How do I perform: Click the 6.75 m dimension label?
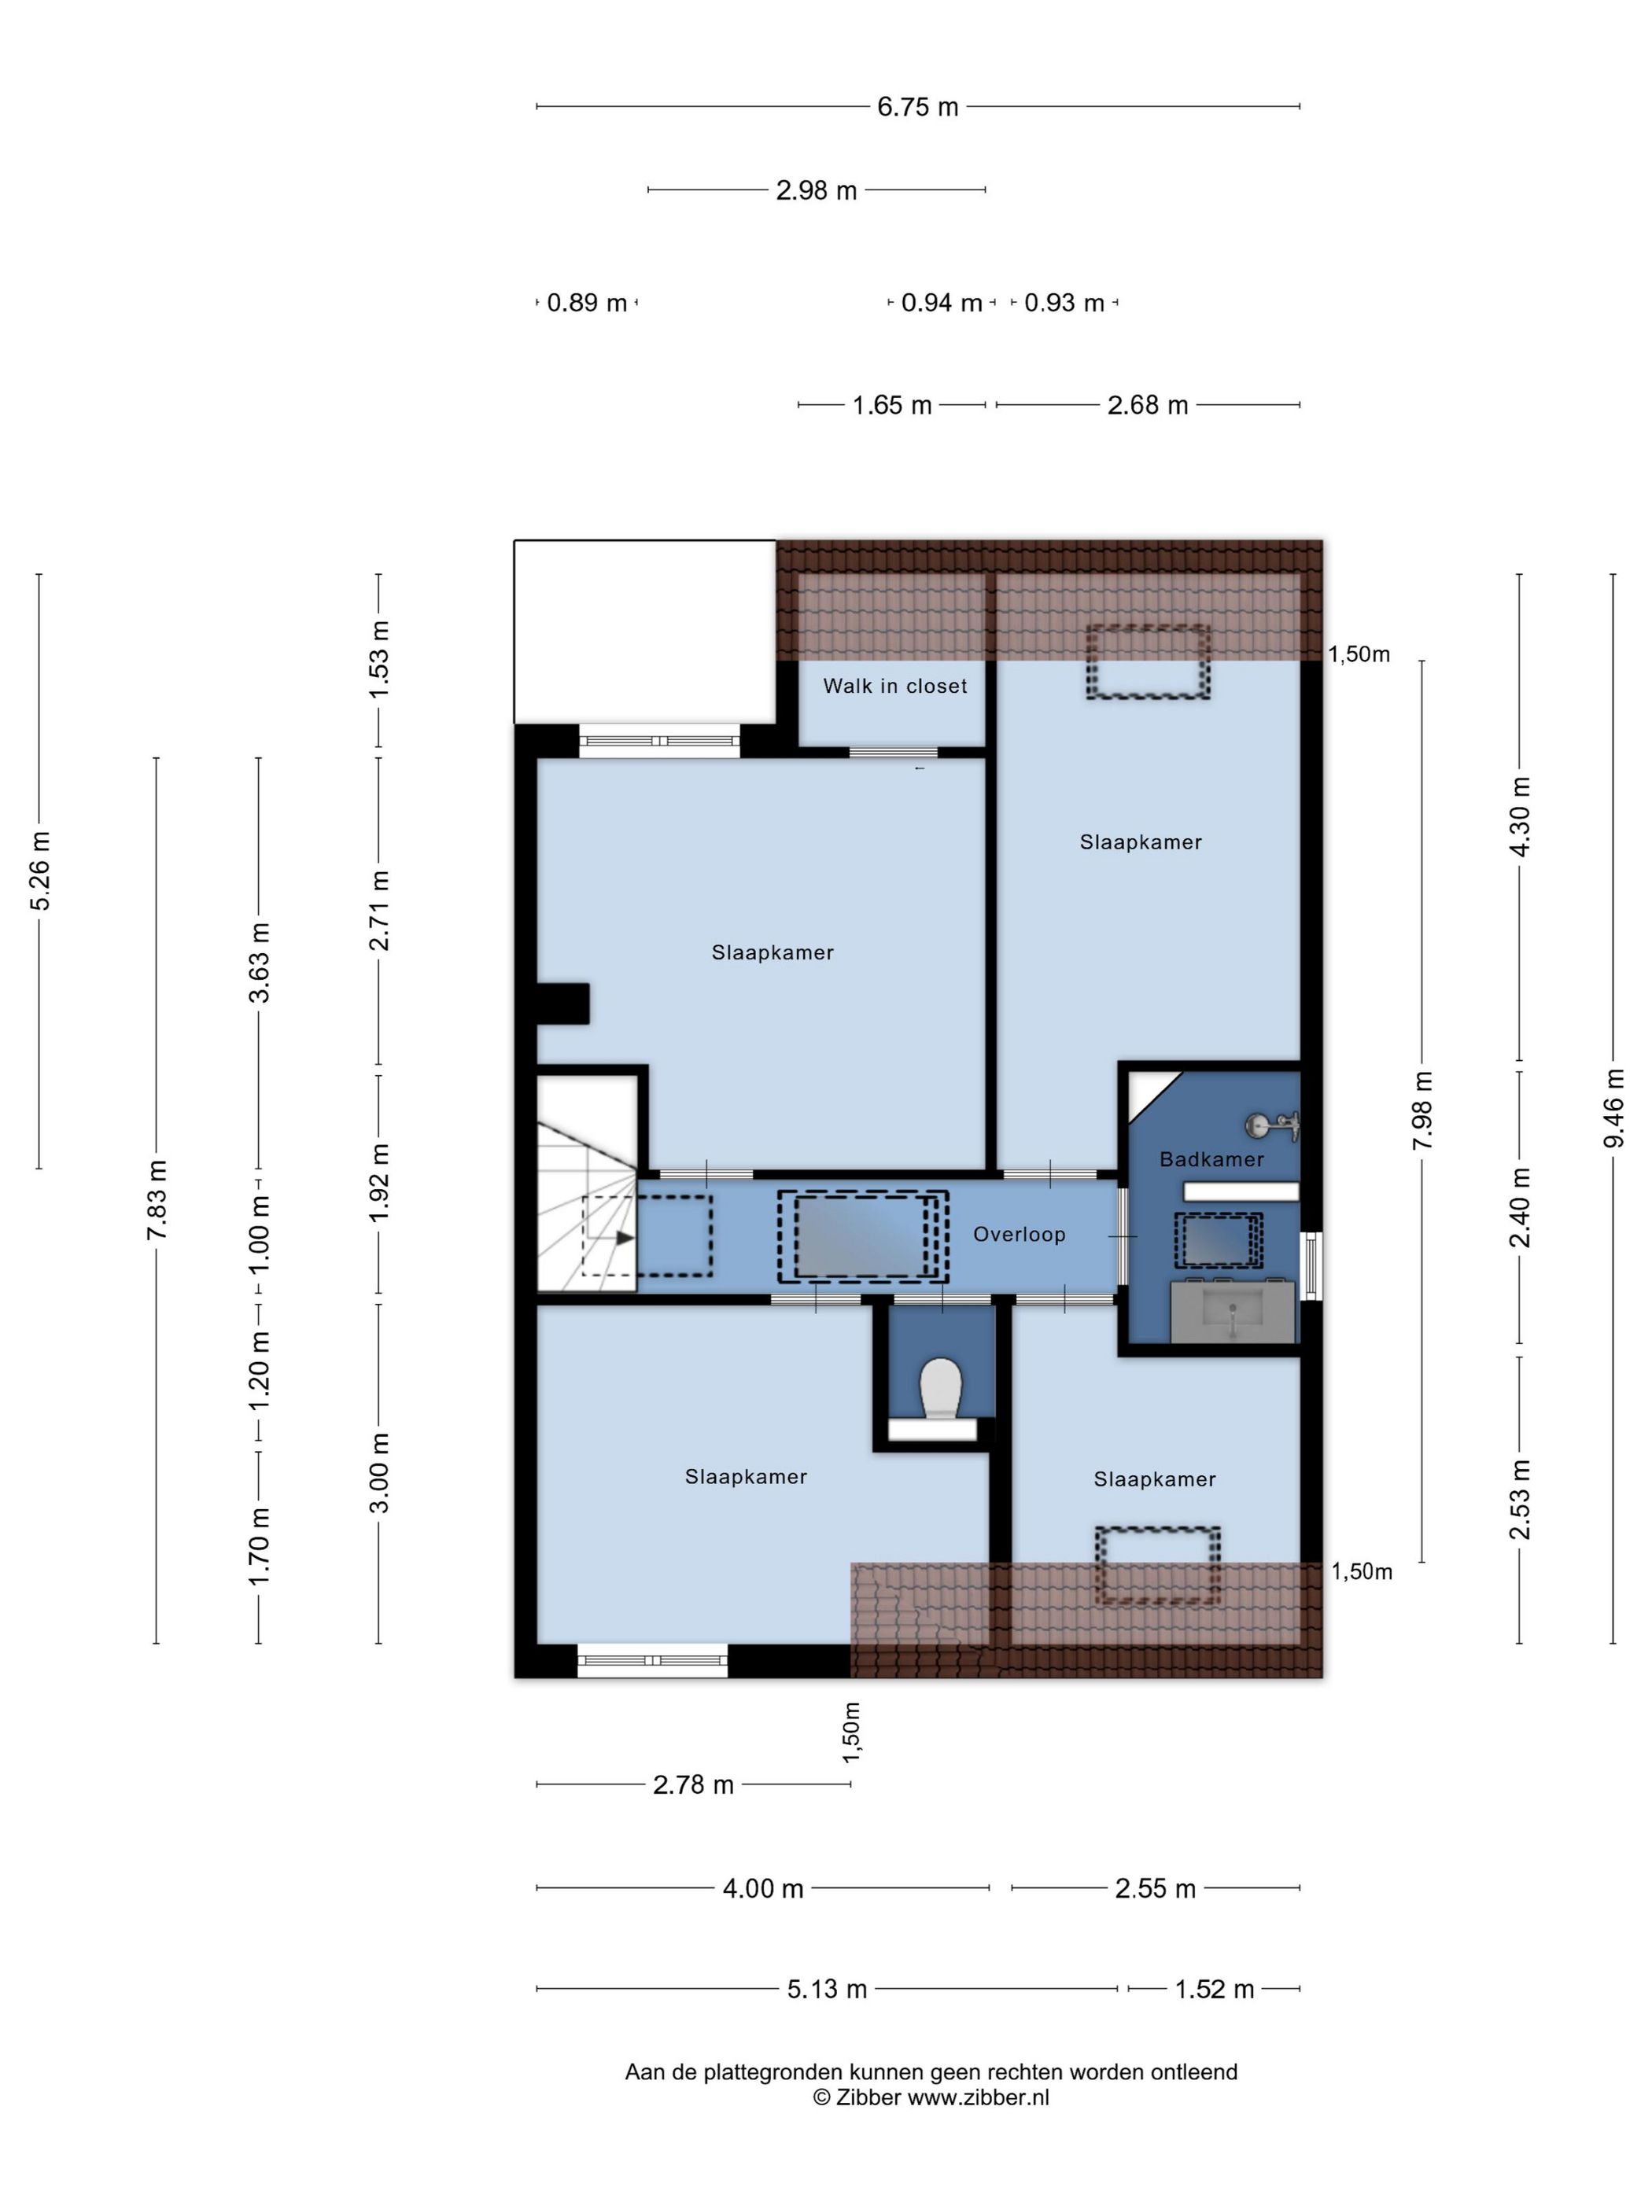coord(917,106)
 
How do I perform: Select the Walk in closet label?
coord(894,686)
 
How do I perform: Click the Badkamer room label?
coord(1211,1158)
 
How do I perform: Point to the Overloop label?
coord(1019,1235)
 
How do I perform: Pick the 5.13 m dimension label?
coord(827,1989)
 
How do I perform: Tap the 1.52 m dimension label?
coord(1214,1989)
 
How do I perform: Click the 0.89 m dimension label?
coord(587,303)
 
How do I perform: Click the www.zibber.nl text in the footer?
coord(978,2097)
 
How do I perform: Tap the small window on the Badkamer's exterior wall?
coord(1311,1265)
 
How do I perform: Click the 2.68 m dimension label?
coord(1147,405)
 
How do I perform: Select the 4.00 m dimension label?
coord(763,1888)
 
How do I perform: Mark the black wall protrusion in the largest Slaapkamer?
coord(562,1003)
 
